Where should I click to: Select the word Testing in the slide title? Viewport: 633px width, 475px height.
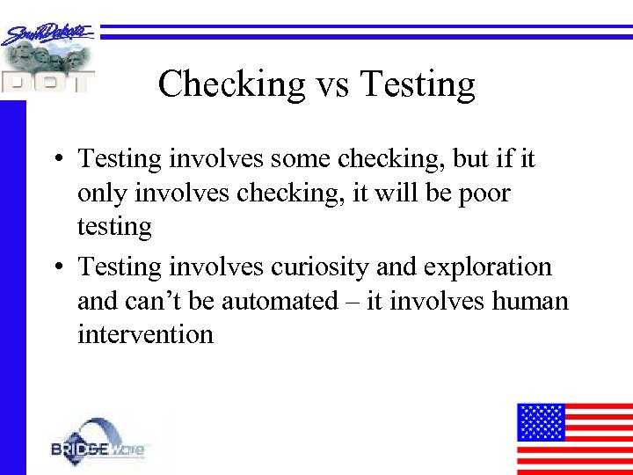pyautogui.click(x=418, y=84)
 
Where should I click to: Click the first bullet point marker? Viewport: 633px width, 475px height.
pyautogui.click(x=55, y=160)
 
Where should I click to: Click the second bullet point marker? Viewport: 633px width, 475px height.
pyautogui.click(x=55, y=267)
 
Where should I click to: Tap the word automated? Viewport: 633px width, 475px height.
pyautogui.click(x=280, y=301)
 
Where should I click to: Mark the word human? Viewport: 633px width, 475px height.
pyautogui.click(x=529, y=301)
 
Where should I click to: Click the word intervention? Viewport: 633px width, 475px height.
pyautogui.click(x=145, y=334)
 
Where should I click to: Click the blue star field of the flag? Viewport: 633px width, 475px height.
pyautogui.click(x=540, y=421)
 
